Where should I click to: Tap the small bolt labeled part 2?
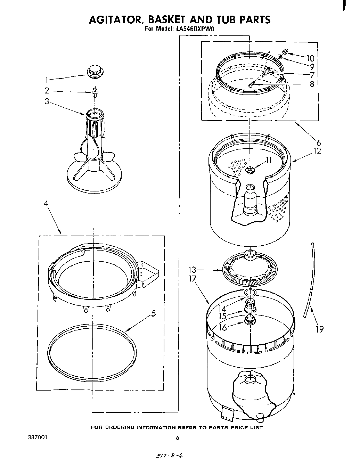(95, 92)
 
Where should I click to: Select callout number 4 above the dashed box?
(46, 204)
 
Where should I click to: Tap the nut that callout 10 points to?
(285, 52)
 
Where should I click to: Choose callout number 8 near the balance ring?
(312, 84)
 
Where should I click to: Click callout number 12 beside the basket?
(317, 151)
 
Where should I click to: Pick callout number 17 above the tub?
(193, 278)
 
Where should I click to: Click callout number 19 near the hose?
(319, 329)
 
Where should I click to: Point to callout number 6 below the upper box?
(318, 142)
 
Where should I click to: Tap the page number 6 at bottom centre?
(177, 438)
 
